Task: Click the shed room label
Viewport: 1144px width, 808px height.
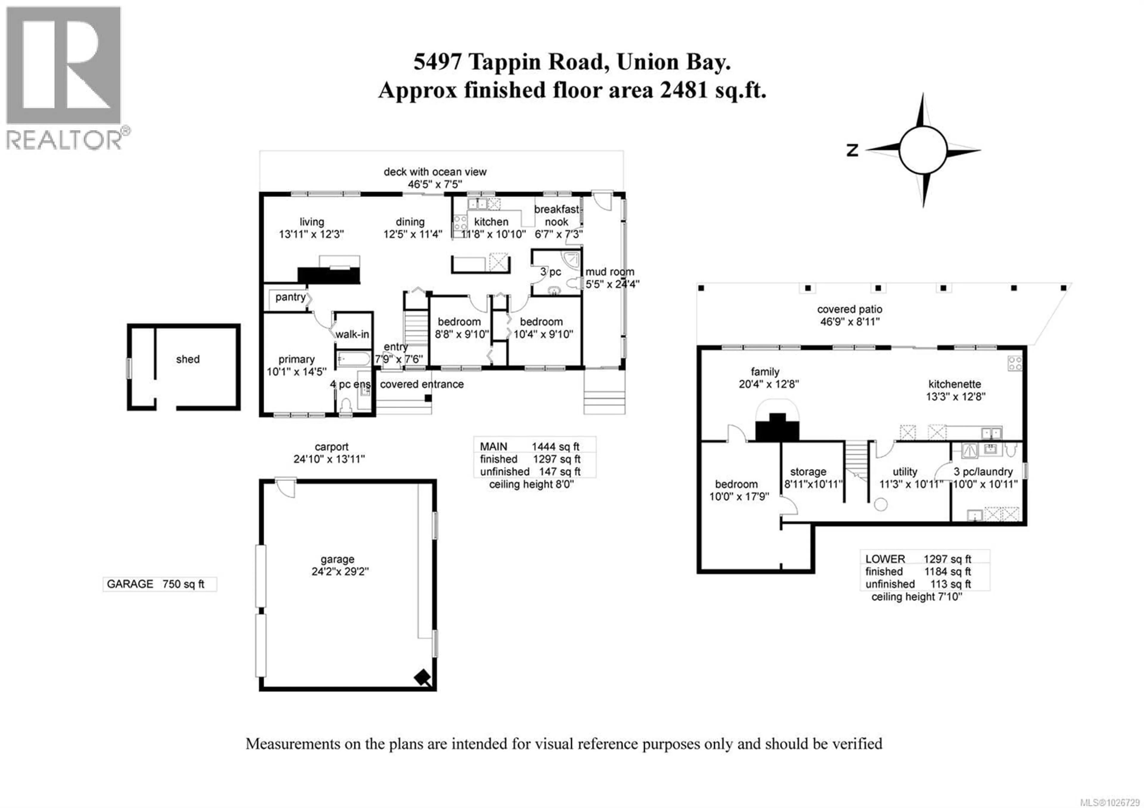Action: pos(188,359)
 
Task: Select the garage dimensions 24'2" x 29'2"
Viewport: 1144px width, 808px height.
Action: pos(340,571)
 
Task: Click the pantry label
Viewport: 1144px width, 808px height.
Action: pos(290,297)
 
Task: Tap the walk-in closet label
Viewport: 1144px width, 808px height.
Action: pos(352,334)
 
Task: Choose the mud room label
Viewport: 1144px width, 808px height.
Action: pos(610,272)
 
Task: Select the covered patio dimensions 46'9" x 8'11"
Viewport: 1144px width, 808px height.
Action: pos(850,322)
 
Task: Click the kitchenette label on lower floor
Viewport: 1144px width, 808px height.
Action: pos(955,384)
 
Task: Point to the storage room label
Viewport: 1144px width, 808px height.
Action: pos(808,471)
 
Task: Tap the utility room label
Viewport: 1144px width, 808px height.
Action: pos(905,471)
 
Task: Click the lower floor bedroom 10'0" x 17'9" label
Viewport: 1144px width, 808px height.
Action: pos(736,490)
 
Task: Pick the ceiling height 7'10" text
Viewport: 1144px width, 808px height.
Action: pos(916,597)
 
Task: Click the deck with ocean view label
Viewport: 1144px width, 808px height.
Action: pos(435,172)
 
